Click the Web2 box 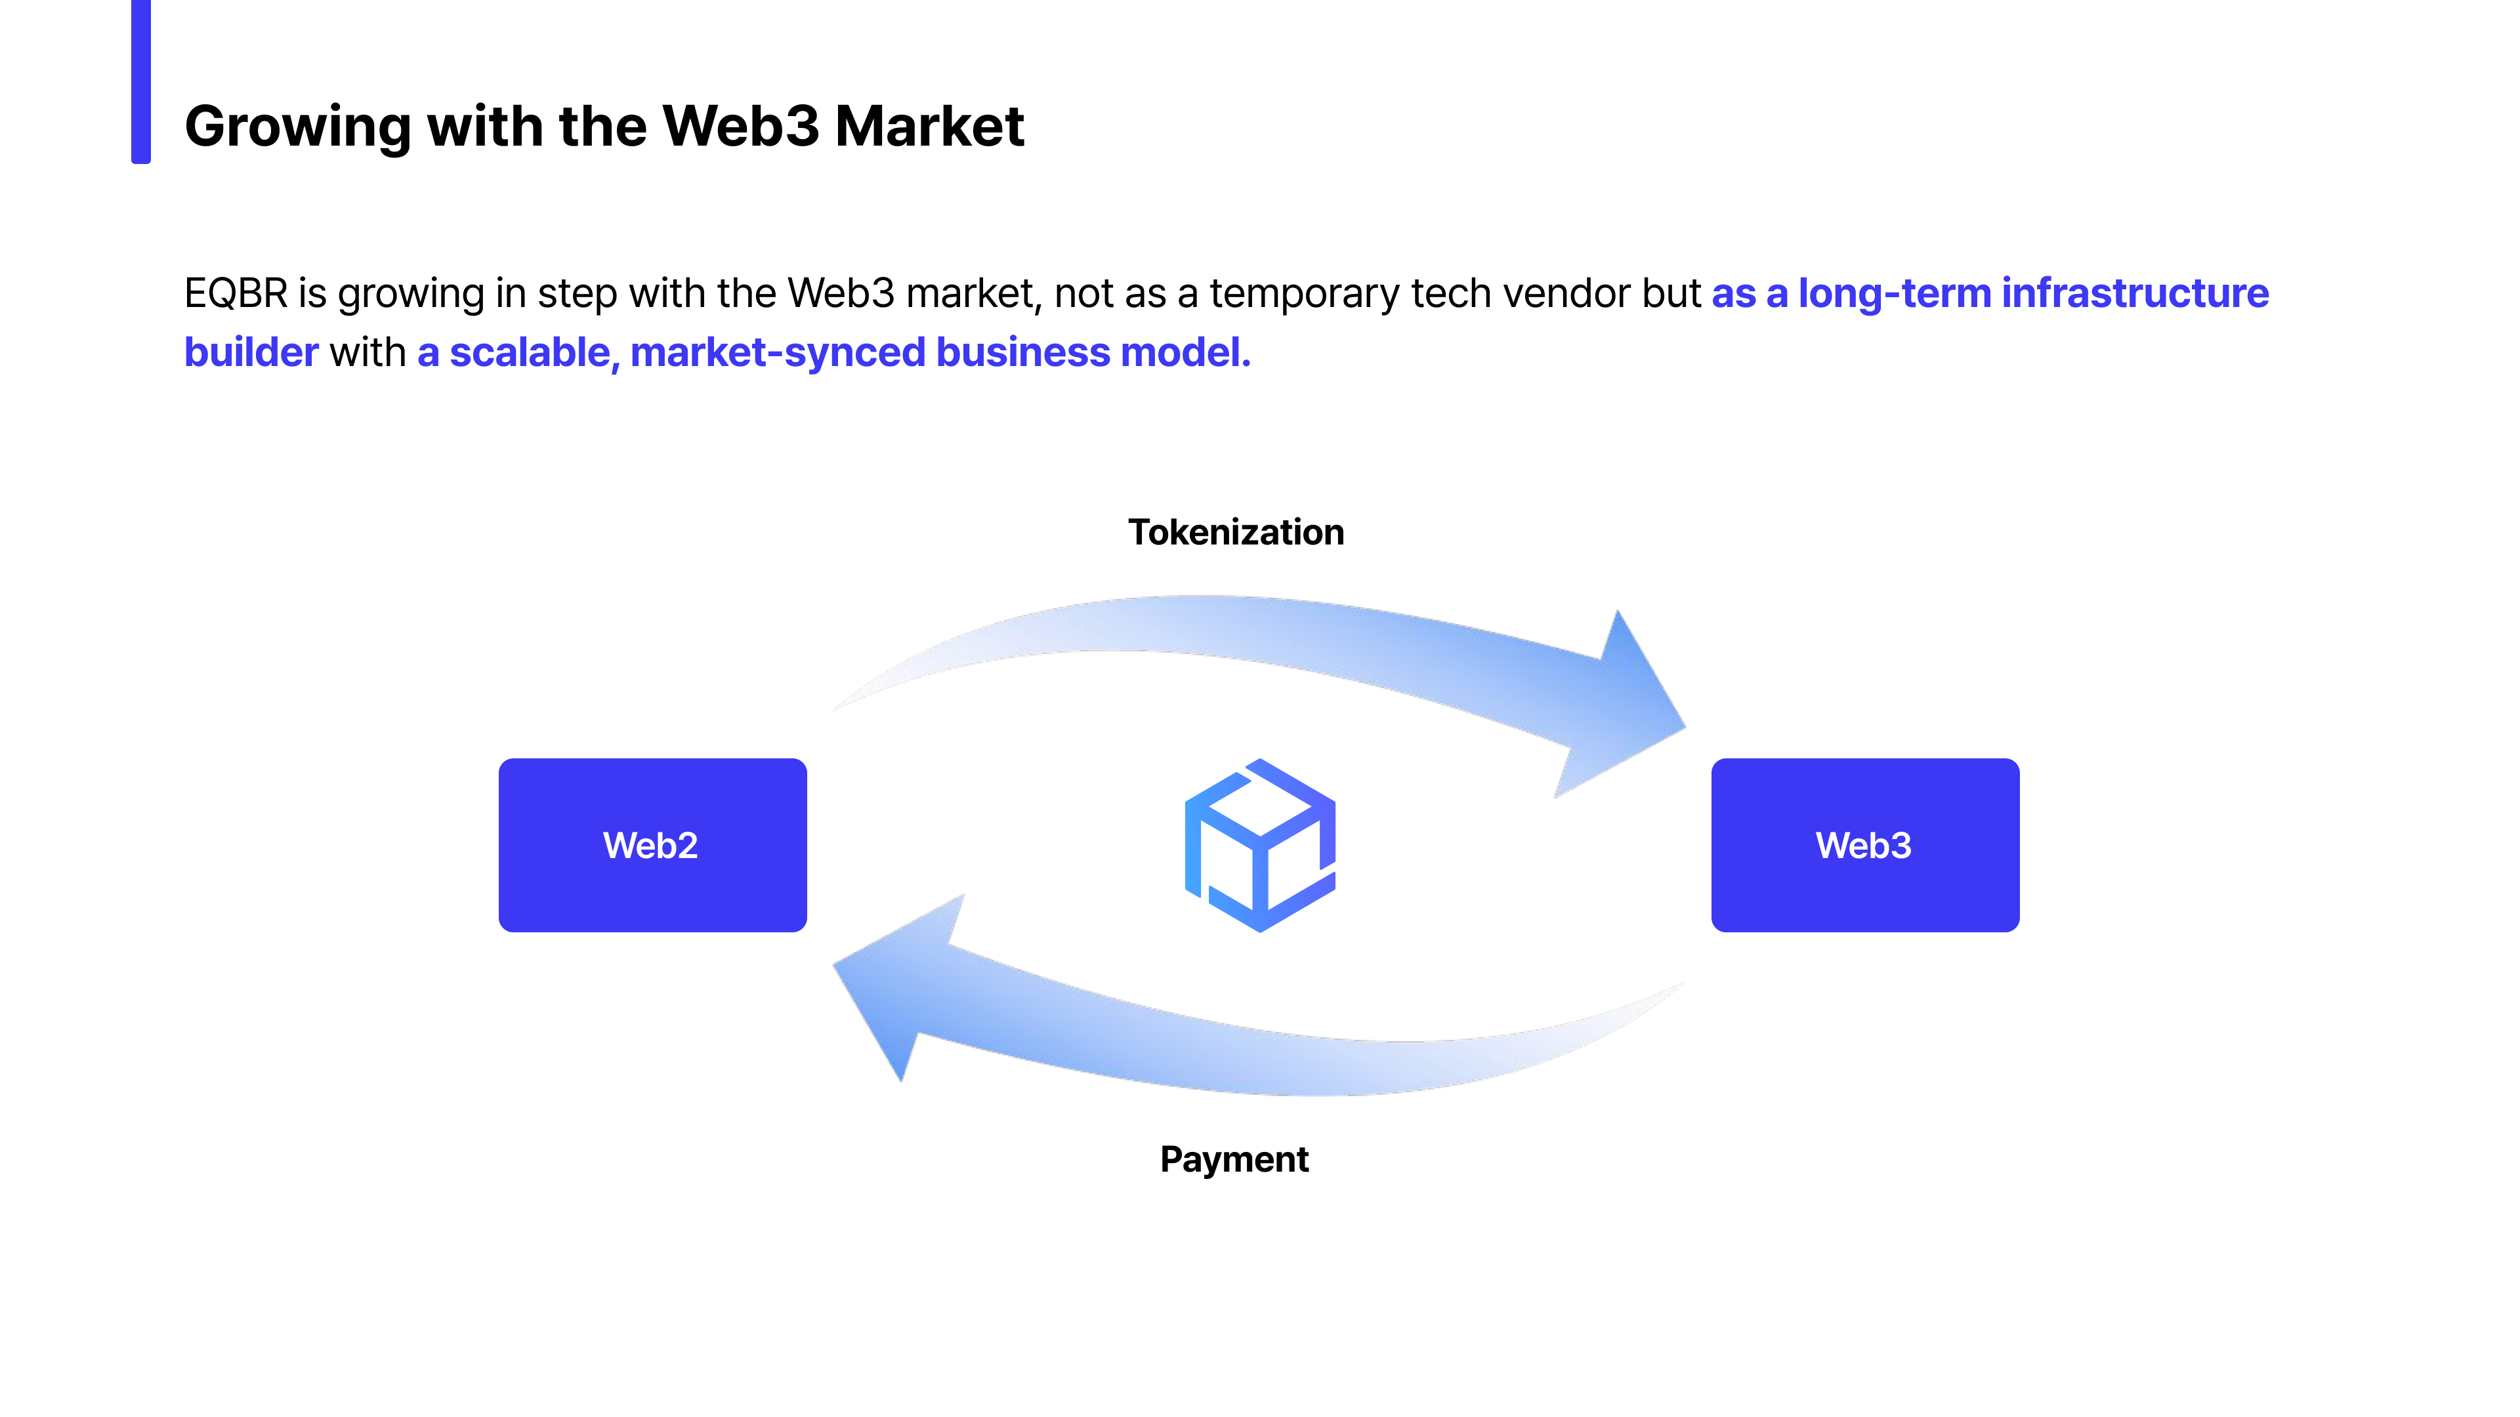tap(652, 845)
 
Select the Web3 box tap(1864, 845)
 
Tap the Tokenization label tap(1236, 532)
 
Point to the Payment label tap(1234, 1159)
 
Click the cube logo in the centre tap(1260, 845)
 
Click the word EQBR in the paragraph tap(236, 293)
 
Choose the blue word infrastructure tap(2135, 293)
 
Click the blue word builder tap(251, 352)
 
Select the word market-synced tap(778, 352)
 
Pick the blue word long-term tap(1894, 293)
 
